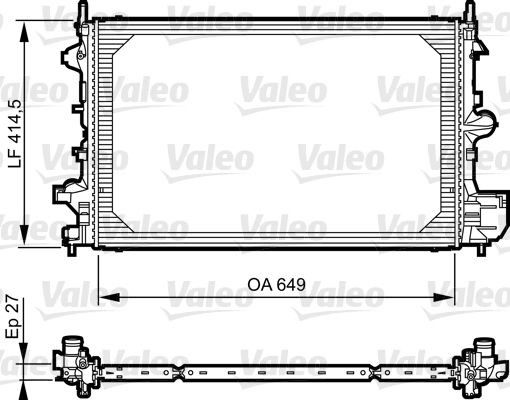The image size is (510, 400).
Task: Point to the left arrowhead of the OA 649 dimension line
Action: [x=103, y=296]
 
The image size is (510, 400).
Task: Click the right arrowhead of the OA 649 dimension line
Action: [x=452, y=296]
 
